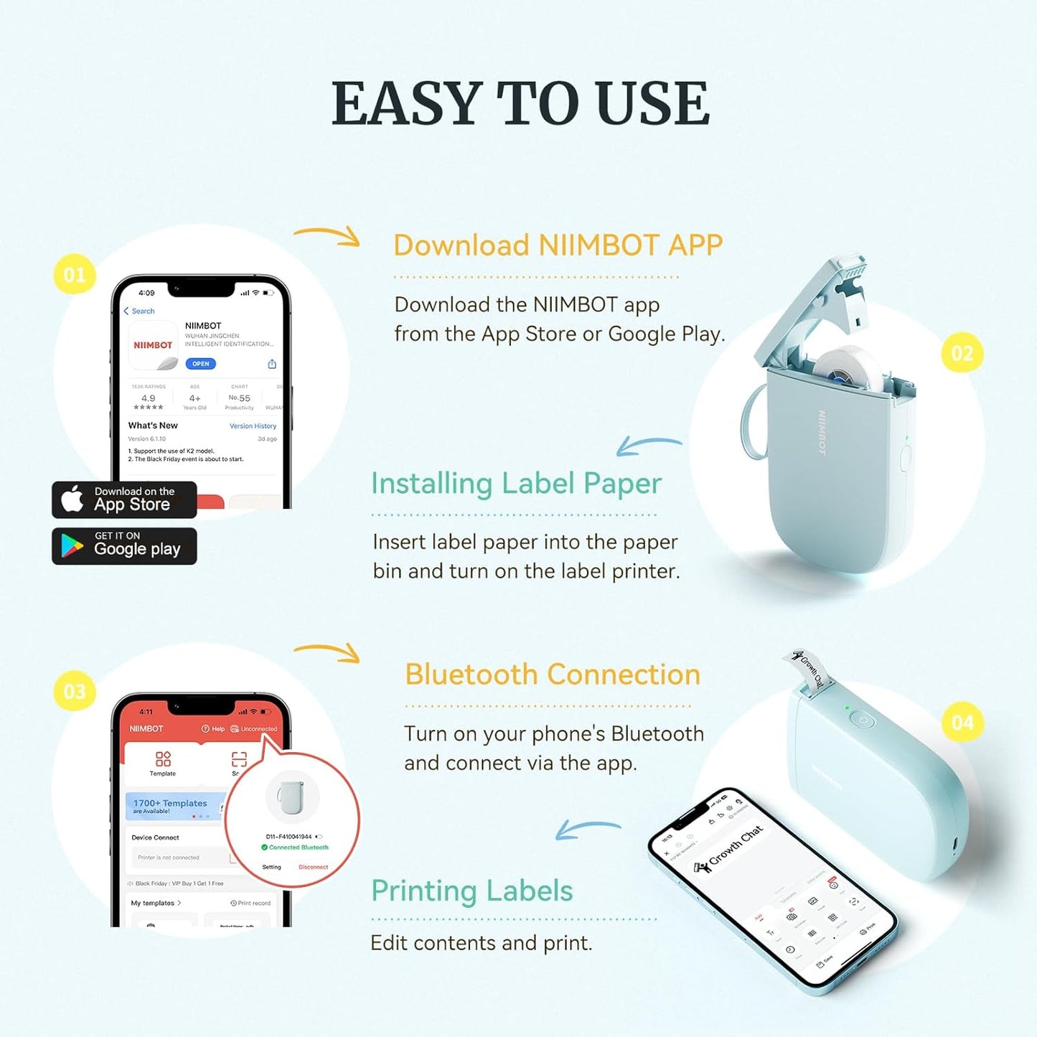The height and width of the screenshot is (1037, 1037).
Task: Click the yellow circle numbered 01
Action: (75, 274)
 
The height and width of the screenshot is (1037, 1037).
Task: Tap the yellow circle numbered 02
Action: (962, 353)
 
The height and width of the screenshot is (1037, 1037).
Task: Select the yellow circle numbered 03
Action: (75, 691)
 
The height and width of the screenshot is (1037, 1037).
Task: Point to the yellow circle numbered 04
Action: (962, 722)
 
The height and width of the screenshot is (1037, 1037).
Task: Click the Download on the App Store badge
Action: (124, 499)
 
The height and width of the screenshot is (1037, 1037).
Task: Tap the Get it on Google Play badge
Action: (124, 546)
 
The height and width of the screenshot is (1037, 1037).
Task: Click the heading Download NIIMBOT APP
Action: (558, 245)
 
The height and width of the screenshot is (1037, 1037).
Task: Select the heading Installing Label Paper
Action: (516, 484)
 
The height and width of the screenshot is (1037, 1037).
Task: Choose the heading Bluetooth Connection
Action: (552, 675)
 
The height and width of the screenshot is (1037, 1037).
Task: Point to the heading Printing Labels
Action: (471, 891)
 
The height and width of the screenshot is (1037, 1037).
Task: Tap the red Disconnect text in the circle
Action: (313, 867)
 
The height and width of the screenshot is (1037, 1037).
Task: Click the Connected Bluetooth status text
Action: (298, 848)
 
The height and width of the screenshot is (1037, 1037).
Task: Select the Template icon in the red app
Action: (163, 763)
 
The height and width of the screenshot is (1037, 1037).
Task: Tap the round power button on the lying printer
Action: (863, 721)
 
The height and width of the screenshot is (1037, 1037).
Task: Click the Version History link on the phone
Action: (253, 426)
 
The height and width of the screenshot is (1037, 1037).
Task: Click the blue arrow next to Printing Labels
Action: (587, 830)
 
